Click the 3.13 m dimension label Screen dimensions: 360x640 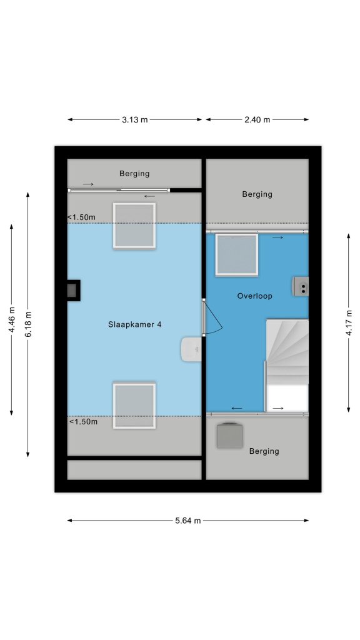(x=134, y=119)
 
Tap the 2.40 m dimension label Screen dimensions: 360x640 (x=257, y=119)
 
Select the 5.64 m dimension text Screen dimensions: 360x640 (x=187, y=521)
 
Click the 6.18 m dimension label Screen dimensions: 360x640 (x=28, y=324)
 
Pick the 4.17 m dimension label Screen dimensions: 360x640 (x=349, y=322)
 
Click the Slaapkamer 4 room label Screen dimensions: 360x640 (x=135, y=324)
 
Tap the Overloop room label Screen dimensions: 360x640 (x=255, y=296)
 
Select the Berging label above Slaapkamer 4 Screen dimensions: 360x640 (x=134, y=174)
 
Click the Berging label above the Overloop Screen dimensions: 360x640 (x=257, y=194)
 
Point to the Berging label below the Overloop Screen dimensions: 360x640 (x=264, y=451)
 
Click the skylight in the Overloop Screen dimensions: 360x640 (x=237, y=255)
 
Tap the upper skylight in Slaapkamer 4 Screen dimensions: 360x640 (x=134, y=226)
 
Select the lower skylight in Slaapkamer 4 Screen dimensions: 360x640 (x=134, y=405)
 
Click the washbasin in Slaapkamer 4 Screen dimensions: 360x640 (x=191, y=349)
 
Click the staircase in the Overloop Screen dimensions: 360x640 (x=287, y=365)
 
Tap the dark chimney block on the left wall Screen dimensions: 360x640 (x=74, y=291)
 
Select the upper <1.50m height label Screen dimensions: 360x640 (x=81, y=217)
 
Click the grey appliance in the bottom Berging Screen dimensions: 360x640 (x=230, y=435)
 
